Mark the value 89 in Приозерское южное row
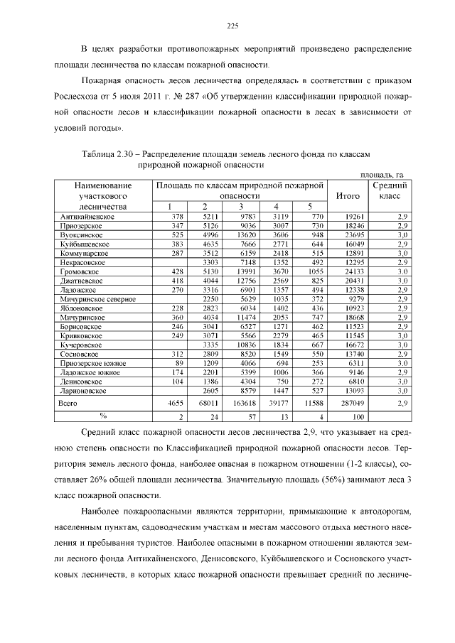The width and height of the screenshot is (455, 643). point(179,363)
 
